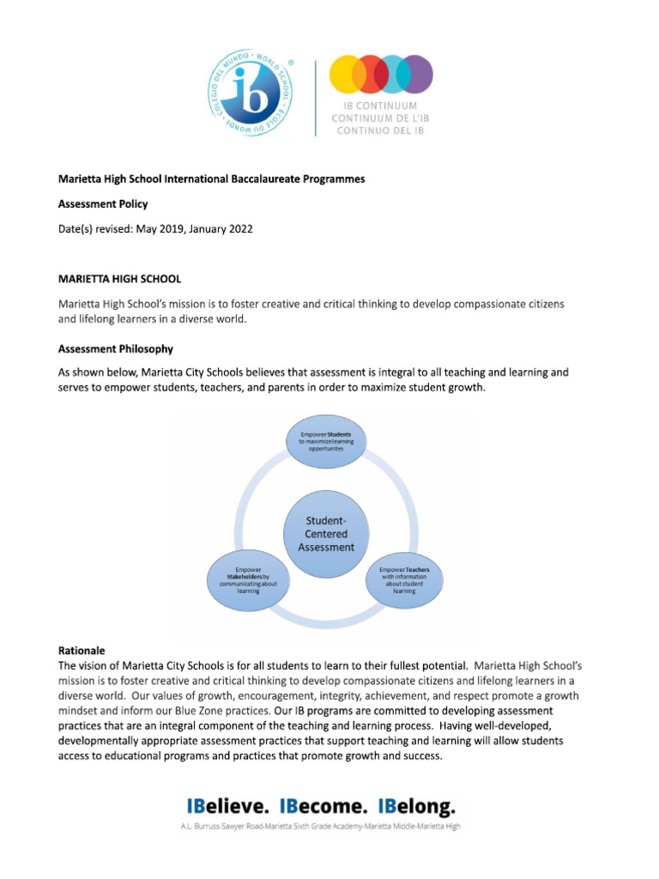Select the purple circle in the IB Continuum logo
416,74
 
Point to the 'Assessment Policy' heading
103,204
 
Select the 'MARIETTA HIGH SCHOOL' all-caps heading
119,279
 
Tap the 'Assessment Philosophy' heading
116,349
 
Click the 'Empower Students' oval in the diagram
326,442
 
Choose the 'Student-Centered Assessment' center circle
326,533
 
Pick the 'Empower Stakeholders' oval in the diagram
248,579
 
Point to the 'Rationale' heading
82,651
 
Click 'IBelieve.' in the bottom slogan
228,807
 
